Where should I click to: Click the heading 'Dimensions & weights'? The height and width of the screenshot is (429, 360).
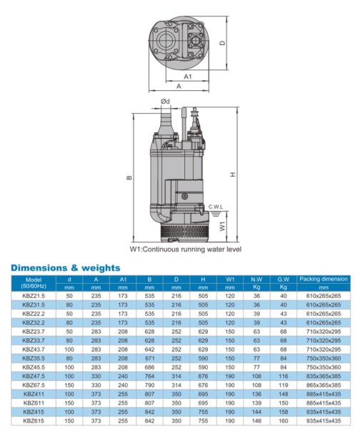tap(66, 267)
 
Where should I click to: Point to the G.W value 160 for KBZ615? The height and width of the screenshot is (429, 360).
tap(283, 421)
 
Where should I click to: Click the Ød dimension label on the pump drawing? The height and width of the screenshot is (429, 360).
tap(165, 102)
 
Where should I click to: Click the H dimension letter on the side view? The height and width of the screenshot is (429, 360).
tap(244, 175)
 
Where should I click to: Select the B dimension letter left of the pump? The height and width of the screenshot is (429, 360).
tap(129, 178)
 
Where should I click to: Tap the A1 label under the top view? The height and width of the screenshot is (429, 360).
tap(188, 76)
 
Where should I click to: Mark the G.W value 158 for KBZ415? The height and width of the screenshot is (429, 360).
tap(283, 412)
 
